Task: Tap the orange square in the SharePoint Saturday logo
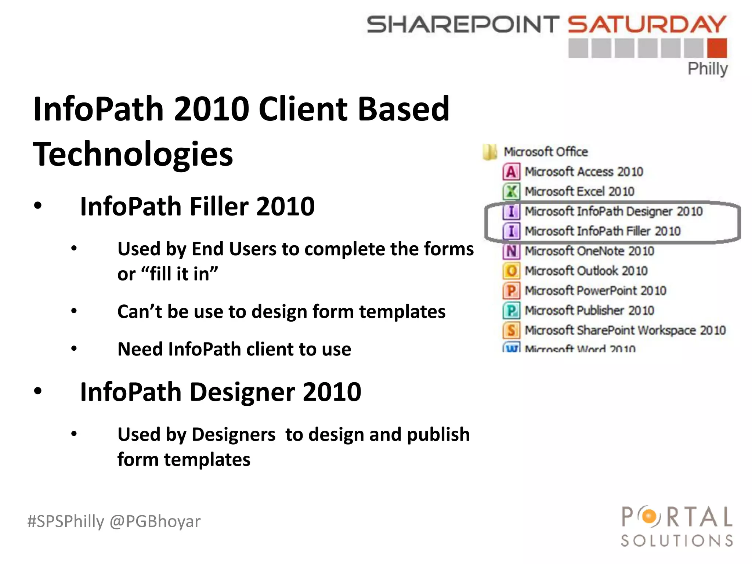tap(717, 48)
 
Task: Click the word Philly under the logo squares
tap(707, 69)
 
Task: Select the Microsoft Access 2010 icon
tap(511, 172)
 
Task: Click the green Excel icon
tap(511, 192)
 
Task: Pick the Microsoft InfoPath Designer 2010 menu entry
tap(613, 211)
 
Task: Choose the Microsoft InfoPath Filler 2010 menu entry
tap(602, 231)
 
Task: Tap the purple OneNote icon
tap(511, 251)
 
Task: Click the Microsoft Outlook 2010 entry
tap(586, 271)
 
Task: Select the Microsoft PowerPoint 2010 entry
tap(595, 291)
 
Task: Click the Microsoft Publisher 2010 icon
tap(511, 311)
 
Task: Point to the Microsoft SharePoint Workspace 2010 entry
tap(625, 330)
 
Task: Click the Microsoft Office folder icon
tap(490, 152)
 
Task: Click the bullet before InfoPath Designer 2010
tap(38, 391)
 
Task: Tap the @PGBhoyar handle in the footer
tap(155, 521)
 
